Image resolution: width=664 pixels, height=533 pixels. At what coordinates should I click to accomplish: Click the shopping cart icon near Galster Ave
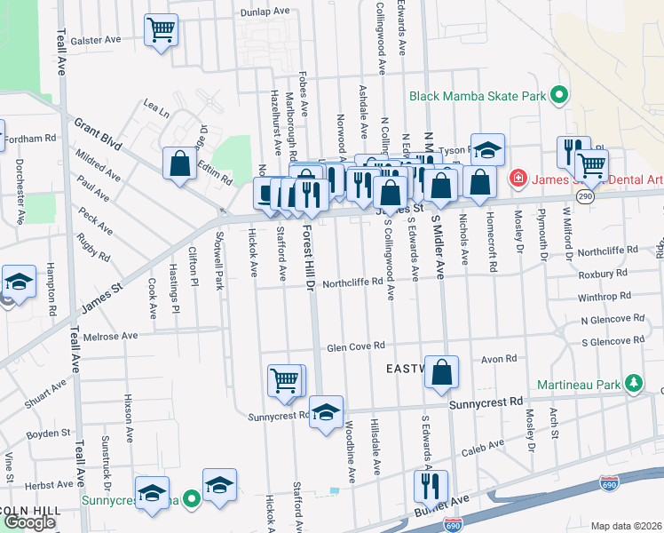coord(161,31)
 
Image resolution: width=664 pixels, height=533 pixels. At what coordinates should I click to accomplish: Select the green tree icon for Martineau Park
coord(632,383)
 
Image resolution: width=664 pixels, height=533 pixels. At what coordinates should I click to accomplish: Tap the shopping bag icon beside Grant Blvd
coord(179,163)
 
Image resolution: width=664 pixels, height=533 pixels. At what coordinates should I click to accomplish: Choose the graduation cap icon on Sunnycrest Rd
coord(327,411)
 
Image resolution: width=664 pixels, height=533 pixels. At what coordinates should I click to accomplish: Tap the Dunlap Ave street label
coord(265,12)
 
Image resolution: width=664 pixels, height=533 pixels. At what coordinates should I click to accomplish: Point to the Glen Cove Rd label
coord(354,346)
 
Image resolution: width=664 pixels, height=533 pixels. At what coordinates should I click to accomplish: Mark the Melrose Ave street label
coord(110,337)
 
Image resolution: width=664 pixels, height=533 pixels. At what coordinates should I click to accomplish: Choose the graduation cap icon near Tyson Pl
coord(486,148)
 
